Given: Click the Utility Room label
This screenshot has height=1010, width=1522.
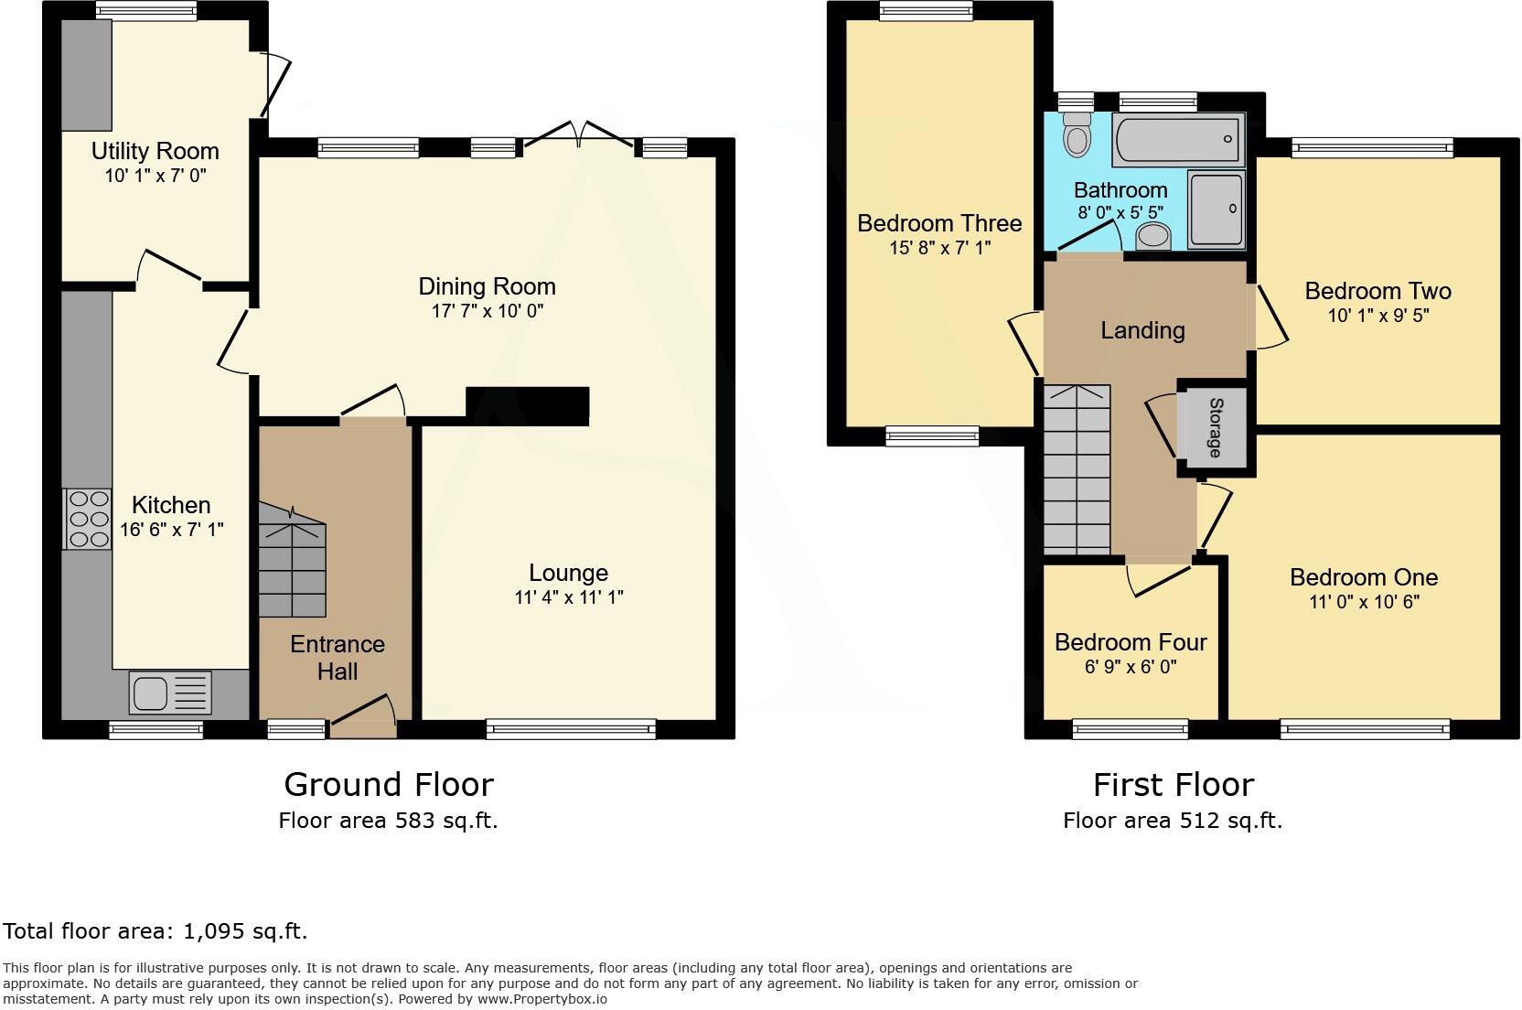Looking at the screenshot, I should pyautogui.click(x=155, y=151).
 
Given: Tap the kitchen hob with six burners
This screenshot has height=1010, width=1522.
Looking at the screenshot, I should pyautogui.click(x=87, y=519).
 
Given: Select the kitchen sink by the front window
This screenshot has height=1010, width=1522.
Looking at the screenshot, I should pyautogui.click(x=170, y=693).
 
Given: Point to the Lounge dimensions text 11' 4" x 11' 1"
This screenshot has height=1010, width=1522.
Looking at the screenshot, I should pyautogui.click(x=568, y=597).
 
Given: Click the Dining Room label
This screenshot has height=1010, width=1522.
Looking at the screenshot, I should pyautogui.click(x=487, y=286).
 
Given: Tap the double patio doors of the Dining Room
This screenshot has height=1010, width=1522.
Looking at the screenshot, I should pyautogui.click(x=578, y=137).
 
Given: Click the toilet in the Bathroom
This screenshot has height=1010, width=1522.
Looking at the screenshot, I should pyautogui.click(x=1078, y=136).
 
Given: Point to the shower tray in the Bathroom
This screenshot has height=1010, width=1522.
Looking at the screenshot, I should pyautogui.click(x=1216, y=210).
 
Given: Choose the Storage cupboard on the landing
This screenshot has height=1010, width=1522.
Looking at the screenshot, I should pyautogui.click(x=1214, y=426).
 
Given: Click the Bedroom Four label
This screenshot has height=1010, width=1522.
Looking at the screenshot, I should pyautogui.click(x=1131, y=642).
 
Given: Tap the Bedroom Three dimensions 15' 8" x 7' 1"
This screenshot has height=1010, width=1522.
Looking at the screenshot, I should pyautogui.click(x=939, y=248).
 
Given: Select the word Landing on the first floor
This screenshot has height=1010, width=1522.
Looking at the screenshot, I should pyautogui.click(x=1142, y=330).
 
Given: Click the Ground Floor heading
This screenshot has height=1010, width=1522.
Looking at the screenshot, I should pyautogui.click(x=388, y=784).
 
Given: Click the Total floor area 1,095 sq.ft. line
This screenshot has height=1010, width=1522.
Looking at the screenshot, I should pyautogui.click(x=155, y=931).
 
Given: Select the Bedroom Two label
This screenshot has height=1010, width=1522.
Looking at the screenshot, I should pyautogui.click(x=1377, y=291).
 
